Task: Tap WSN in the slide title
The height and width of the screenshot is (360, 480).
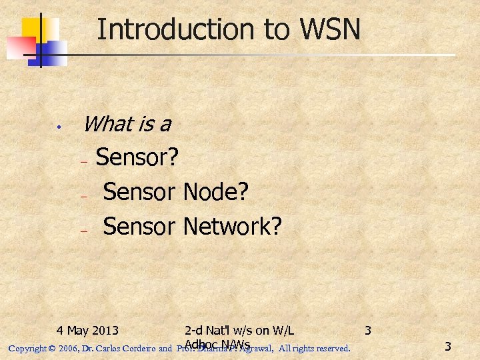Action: point(329,30)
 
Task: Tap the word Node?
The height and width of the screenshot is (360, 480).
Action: point(215,192)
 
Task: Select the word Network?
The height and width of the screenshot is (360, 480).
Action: point(232,227)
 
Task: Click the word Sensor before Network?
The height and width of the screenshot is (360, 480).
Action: point(139,227)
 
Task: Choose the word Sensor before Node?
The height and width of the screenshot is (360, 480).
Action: point(139,192)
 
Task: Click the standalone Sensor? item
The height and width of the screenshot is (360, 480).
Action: point(137,157)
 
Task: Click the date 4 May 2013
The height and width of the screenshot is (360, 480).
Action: point(88,330)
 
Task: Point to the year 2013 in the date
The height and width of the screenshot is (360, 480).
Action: point(105,330)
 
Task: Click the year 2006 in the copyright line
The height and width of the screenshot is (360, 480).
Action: point(67,348)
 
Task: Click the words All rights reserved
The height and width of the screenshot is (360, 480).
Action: point(314,348)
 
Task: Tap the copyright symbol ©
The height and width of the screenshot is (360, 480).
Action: point(51,348)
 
